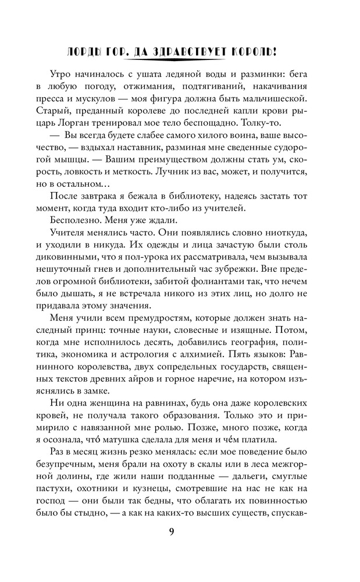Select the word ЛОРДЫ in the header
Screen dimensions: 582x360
pos(87,53)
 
